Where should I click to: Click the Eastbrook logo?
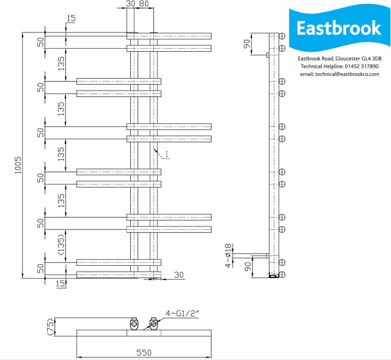point(339,28)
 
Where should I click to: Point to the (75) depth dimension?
point(49,327)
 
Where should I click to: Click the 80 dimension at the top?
point(144,4)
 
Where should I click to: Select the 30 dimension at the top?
point(130,4)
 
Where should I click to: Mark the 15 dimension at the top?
point(70,18)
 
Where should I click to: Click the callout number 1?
point(167,154)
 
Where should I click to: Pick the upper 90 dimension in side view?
point(248,44)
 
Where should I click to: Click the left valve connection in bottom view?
point(134,324)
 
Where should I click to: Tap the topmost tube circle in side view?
point(282,36)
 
